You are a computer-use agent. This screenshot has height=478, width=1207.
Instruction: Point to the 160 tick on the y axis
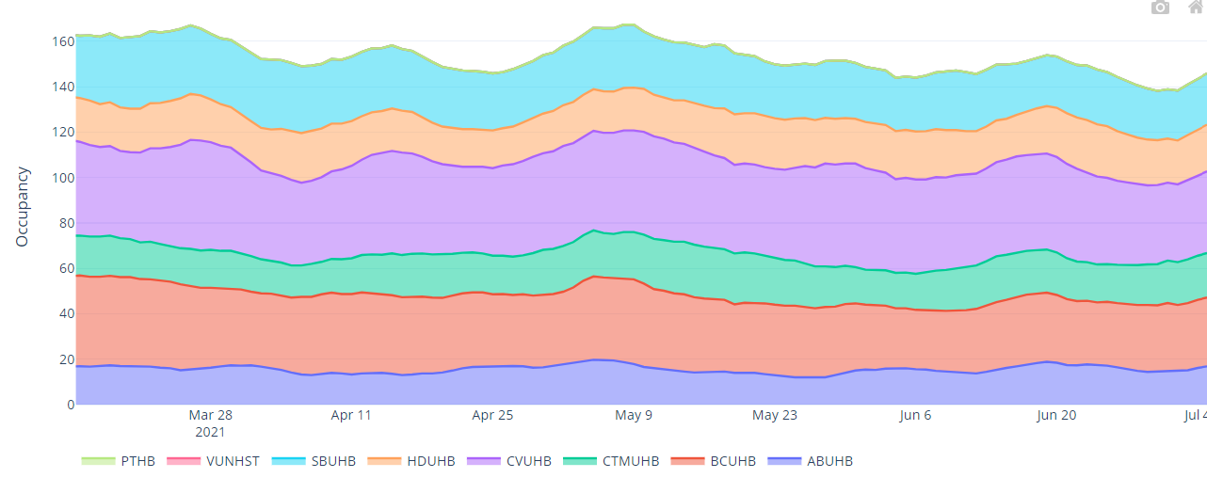(62, 41)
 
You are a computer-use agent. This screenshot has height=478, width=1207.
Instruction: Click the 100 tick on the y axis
(62, 178)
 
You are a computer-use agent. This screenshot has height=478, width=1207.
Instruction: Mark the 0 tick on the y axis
(69, 405)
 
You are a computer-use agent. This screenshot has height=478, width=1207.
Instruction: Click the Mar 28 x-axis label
(210, 415)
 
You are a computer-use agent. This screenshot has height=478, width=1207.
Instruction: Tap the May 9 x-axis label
(634, 415)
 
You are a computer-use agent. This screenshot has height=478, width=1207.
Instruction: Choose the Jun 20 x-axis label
(1055, 415)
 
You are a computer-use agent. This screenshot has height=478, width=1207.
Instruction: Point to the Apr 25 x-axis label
(492, 415)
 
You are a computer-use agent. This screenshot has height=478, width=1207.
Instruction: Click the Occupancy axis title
(24, 207)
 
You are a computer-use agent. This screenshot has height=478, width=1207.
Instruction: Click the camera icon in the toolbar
(1161, 8)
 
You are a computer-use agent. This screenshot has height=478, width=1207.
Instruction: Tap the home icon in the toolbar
(1197, 8)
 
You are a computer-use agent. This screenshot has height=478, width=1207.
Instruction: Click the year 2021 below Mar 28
(210, 432)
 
